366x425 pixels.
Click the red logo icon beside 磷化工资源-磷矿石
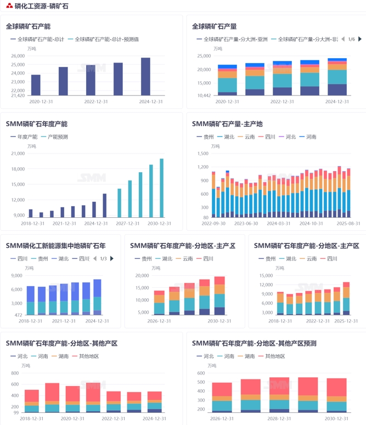[9, 6]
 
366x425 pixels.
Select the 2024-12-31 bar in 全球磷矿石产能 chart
[145, 77]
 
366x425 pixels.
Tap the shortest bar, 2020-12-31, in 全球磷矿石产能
[36, 85]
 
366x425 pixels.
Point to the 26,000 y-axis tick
[18, 56]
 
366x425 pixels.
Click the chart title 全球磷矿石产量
[215, 26]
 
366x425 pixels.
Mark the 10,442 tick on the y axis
[204, 95]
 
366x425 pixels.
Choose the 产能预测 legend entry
[58, 137]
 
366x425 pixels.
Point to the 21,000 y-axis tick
[18, 154]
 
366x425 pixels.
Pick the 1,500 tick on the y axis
[204, 154]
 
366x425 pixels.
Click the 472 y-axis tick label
[18, 315]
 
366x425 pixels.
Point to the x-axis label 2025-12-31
[346, 321]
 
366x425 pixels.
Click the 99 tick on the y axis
[16, 412]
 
